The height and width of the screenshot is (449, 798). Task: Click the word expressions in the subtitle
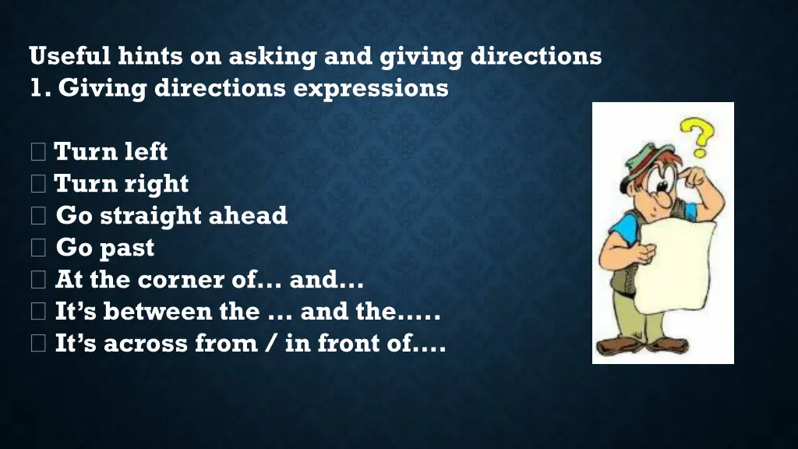(x=371, y=88)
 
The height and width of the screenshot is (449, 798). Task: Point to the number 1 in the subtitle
(x=35, y=88)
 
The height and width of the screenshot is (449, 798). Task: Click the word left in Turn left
(x=147, y=151)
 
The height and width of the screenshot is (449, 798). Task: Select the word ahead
(x=251, y=216)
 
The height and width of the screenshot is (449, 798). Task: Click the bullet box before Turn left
(x=38, y=152)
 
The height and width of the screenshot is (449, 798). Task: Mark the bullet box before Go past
(x=38, y=249)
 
